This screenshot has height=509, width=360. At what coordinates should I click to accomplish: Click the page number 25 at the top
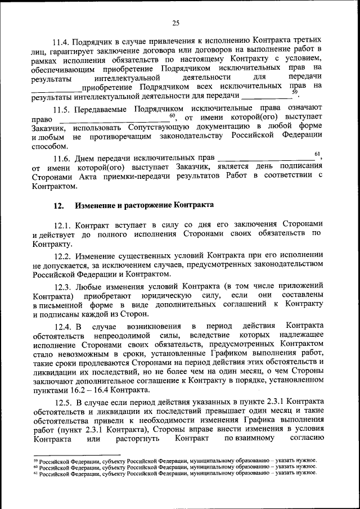click(175, 23)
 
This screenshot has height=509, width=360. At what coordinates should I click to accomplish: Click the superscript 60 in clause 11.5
click(173, 115)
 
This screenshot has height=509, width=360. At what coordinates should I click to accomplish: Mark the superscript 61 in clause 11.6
click(317, 154)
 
